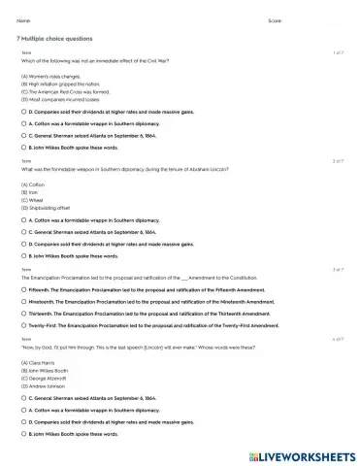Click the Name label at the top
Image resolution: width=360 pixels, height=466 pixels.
pyautogui.click(x=24, y=19)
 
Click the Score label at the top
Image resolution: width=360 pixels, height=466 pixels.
pyautogui.click(x=275, y=19)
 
